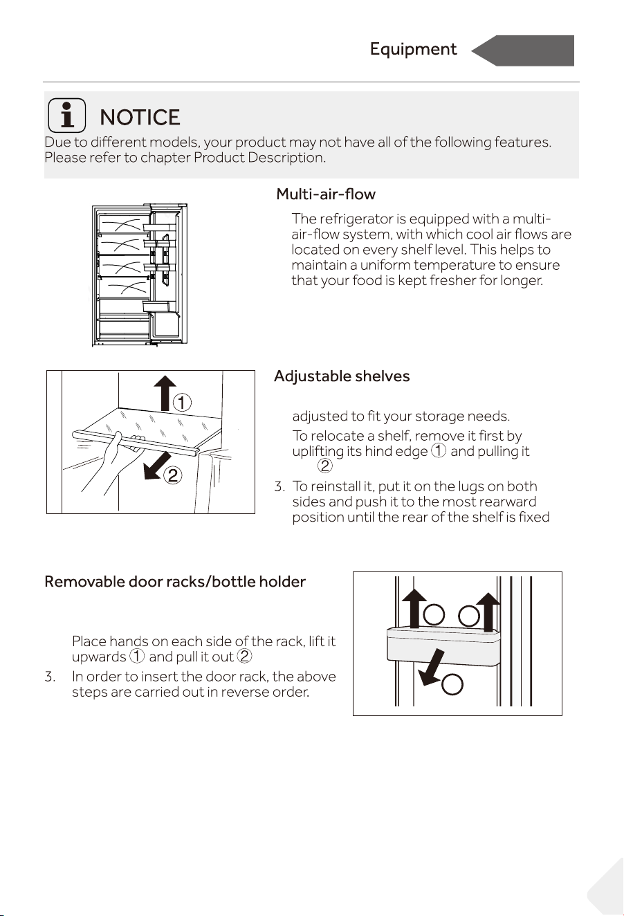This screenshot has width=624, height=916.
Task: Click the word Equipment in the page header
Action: (x=413, y=50)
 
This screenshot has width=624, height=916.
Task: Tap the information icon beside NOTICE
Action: (x=67, y=116)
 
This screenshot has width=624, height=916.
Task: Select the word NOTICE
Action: (x=140, y=118)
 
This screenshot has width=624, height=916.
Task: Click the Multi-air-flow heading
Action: (x=326, y=194)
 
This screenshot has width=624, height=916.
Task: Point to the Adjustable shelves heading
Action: (x=342, y=376)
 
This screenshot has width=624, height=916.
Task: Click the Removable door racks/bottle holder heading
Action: (x=175, y=582)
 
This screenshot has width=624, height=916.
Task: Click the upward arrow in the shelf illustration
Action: (x=165, y=392)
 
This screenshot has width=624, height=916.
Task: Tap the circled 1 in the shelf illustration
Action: (x=182, y=403)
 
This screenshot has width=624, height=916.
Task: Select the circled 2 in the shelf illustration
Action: (x=172, y=475)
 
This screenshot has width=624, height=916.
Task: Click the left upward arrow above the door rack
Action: (x=414, y=609)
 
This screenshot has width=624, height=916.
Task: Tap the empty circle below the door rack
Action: (x=452, y=684)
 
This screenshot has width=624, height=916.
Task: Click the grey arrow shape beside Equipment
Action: (x=523, y=51)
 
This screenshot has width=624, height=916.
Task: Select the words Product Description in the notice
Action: (x=259, y=158)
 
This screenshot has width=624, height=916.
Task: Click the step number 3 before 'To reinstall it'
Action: (x=279, y=486)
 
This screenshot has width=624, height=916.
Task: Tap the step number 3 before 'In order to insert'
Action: (x=50, y=677)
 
